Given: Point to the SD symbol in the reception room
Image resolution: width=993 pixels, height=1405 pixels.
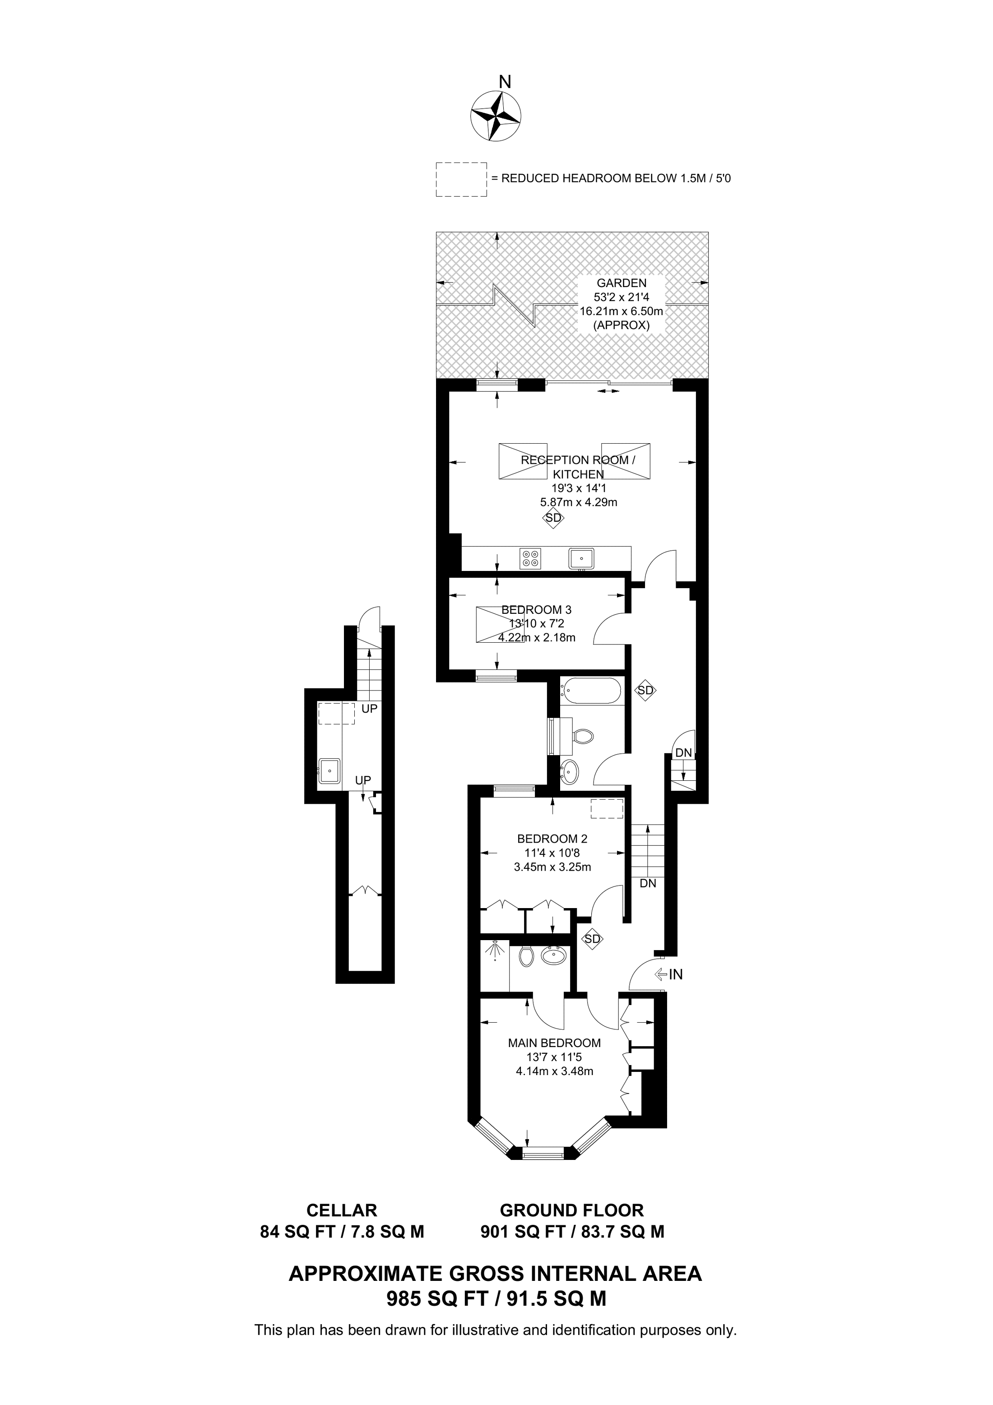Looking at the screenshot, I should [553, 518].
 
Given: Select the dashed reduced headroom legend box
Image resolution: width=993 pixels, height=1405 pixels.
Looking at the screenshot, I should [461, 179].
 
